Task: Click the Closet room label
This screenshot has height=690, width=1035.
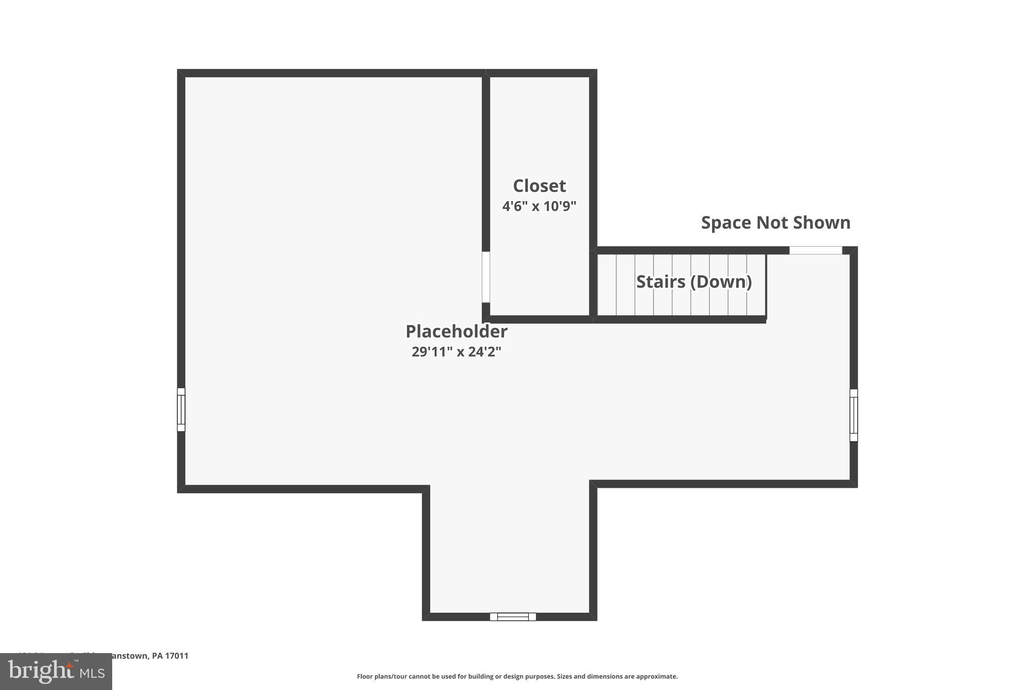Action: [x=539, y=186]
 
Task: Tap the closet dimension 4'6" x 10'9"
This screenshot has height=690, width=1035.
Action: [x=539, y=206]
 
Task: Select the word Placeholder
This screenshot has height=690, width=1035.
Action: [x=456, y=332]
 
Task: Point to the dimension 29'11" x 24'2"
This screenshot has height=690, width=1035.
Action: [x=456, y=352]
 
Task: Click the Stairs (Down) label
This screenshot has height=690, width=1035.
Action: [x=694, y=282]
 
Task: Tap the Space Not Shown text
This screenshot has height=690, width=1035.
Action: [x=776, y=222]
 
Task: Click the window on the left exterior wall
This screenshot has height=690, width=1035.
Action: [x=181, y=409]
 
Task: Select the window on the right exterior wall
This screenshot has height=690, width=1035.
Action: [x=854, y=415]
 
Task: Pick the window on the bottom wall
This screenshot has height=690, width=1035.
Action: [x=513, y=617]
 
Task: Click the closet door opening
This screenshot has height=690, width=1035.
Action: [x=486, y=277]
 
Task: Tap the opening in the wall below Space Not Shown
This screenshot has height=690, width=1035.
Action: [x=816, y=250]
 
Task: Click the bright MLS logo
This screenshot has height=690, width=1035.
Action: [x=56, y=672]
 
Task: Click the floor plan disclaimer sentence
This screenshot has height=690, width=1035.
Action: [x=517, y=676]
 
